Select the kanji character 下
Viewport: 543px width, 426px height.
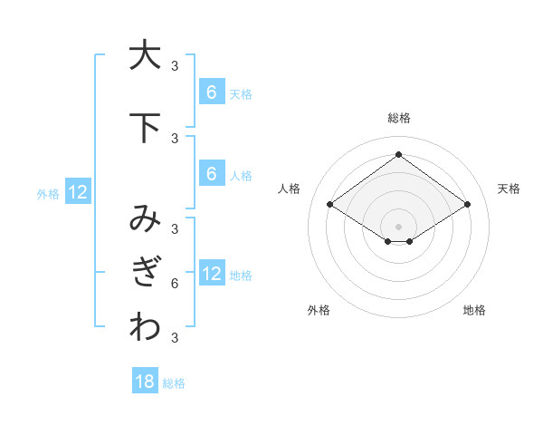pos(145,129)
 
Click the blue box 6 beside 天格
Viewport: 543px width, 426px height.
pos(211,92)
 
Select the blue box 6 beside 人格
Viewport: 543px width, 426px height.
pos(211,174)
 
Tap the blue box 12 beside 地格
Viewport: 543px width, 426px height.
pos(211,274)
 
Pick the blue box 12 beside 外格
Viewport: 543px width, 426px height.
pos(78,192)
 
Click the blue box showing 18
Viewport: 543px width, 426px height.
pos(145,382)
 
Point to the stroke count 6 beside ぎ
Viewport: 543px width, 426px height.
pos(175,284)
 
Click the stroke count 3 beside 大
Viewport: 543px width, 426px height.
pos(175,65)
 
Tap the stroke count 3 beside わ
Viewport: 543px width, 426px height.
pos(175,339)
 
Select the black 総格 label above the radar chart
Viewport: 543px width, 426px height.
pos(398,118)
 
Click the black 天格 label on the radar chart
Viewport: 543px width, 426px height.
pos(509,189)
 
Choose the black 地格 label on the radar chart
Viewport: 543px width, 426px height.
pos(474,310)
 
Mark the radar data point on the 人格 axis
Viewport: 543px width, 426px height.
pos(330,205)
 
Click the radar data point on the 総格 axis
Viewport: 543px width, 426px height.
pos(398,154)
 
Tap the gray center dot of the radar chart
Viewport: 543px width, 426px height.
pos(398,226)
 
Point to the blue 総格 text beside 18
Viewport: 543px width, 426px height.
pos(174,383)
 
